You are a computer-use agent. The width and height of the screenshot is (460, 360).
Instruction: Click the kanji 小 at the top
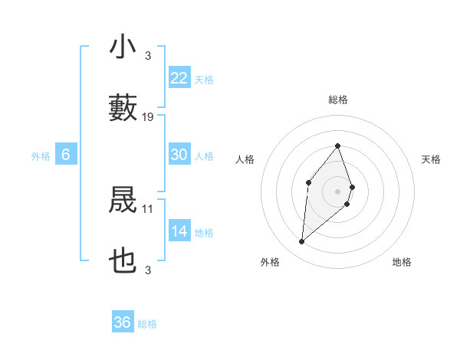tap(123, 47)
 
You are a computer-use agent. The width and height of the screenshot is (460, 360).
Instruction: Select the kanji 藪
tap(123, 108)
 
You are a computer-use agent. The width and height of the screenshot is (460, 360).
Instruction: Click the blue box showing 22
tap(179, 78)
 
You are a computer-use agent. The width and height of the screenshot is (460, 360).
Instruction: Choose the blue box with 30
tap(179, 155)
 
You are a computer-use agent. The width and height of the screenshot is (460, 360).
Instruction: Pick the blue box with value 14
tap(179, 231)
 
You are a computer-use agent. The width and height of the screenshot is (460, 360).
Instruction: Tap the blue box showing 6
tap(66, 155)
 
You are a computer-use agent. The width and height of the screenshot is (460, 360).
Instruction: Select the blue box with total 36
tap(123, 322)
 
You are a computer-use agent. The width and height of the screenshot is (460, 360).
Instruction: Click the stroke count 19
tap(148, 117)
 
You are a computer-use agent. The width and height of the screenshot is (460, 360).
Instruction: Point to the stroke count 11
tap(148, 208)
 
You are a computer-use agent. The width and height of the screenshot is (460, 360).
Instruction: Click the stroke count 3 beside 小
tap(148, 56)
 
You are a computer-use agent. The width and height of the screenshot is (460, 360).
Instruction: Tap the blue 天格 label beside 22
tap(204, 80)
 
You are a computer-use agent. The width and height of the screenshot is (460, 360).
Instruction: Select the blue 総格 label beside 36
tap(147, 324)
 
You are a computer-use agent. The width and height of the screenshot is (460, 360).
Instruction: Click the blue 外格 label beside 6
tap(41, 156)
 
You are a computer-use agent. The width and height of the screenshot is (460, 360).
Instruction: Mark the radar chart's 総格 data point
tap(337, 146)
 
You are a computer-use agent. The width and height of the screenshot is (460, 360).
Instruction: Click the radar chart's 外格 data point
tap(301, 242)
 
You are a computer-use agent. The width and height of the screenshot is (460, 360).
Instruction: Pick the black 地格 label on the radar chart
tap(402, 262)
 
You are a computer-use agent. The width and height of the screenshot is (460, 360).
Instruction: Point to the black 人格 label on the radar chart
tap(245, 159)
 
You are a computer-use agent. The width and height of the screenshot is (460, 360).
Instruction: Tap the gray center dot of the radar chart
tap(337, 190)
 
